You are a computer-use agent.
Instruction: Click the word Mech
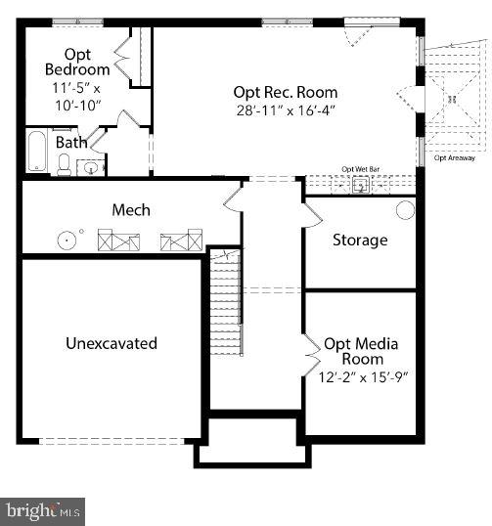[x=131, y=210]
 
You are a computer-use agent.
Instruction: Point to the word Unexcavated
[x=112, y=343]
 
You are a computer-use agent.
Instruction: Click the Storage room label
[x=360, y=240]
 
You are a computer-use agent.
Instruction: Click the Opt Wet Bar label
[x=360, y=169]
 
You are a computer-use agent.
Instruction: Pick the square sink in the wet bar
[x=359, y=184]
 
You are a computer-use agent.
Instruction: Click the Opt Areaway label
[x=454, y=156]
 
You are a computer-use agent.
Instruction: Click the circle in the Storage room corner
[x=404, y=210]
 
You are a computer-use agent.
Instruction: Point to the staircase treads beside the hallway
[x=225, y=303]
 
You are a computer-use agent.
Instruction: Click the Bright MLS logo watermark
[x=43, y=510]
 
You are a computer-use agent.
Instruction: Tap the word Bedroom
[x=77, y=69]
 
